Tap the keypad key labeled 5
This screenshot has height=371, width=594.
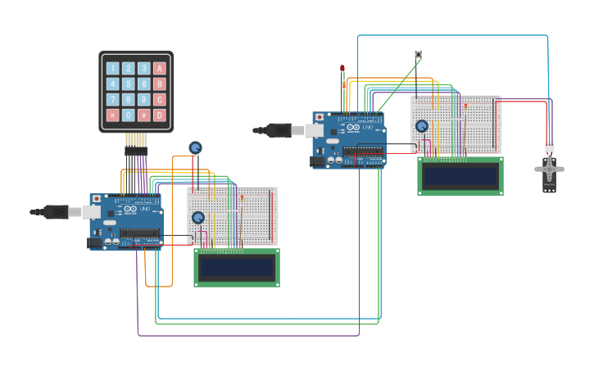tap(129, 84)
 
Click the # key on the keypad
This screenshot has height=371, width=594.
tap(144, 115)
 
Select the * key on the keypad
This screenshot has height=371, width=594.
tap(113, 115)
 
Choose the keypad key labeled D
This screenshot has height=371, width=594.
tap(160, 115)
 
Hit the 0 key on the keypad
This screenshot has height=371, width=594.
tap(129, 115)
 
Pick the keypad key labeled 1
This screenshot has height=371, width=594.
tap(113, 68)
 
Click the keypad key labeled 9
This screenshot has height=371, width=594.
tap(144, 100)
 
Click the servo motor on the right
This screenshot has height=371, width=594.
tap(549, 173)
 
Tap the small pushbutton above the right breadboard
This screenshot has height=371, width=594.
tap(418, 55)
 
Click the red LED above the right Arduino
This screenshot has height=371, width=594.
tap(342, 69)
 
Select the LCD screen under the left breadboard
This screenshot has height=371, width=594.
tap(237, 268)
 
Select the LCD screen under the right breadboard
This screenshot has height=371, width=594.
tap(460, 176)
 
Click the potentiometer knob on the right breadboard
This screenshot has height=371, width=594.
tap(421, 126)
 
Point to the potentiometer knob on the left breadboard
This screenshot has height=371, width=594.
tap(197, 217)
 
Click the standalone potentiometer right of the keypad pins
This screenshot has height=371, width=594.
tap(195, 147)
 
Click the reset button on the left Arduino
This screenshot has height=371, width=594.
tap(97, 198)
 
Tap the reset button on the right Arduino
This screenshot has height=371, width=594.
tap(320, 117)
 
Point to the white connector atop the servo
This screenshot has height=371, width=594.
tap(548, 147)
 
